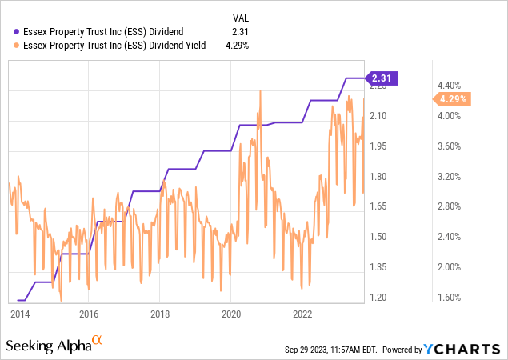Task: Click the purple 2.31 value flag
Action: [382, 78]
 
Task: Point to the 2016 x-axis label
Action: [89, 314]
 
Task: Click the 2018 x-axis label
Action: [160, 314]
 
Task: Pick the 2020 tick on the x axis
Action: [230, 314]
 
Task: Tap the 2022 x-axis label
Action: [302, 314]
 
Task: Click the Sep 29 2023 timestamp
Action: [331, 350]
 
